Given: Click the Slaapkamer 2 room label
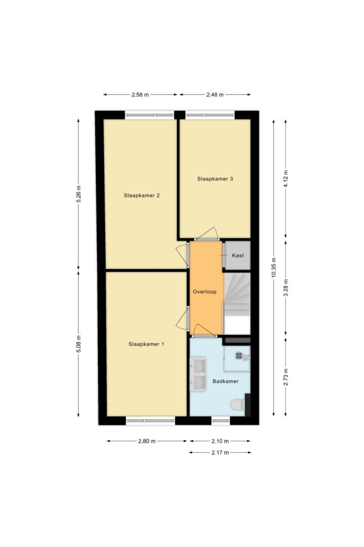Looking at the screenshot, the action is click(x=142, y=195).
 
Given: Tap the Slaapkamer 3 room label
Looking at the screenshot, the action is click(x=215, y=179).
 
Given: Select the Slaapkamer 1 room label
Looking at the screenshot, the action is click(x=146, y=344).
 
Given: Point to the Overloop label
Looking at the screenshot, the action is click(x=205, y=292).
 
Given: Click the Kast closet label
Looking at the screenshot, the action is click(x=238, y=255).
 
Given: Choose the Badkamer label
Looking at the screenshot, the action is click(x=225, y=381).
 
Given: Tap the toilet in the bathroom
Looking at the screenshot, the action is click(x=238, y=404).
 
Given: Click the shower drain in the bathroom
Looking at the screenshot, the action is click(x=239, y=356).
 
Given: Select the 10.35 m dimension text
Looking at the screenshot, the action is click(x=274, y=268).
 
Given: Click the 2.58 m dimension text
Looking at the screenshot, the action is click(x=140, y=94).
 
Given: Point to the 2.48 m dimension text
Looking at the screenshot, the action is click(x=215, y=94).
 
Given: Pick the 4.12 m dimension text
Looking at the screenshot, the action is click(x=286, y=179).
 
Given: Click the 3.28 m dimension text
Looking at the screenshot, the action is click(x=286, y=288).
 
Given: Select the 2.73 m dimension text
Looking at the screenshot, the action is click(x=286, y=377).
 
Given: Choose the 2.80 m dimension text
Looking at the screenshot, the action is click(x=147, y=441).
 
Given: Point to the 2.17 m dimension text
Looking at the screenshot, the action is click(x=220, y=453).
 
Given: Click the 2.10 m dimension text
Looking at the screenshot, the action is click(x=220, y=441).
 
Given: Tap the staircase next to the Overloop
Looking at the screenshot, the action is click(x=237, y=303).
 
